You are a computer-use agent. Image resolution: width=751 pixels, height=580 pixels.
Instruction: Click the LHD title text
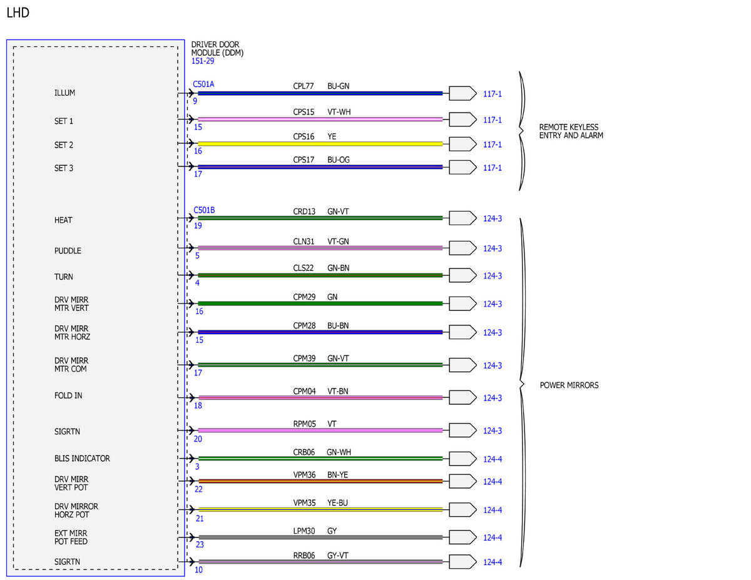(x=18, y=13)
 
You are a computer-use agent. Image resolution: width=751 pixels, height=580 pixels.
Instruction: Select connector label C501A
(x=203, y=84)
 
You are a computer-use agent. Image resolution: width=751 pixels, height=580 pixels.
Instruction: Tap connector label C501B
(x=204, y=210)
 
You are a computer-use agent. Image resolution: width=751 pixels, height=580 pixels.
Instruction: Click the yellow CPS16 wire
(x=320, y=144)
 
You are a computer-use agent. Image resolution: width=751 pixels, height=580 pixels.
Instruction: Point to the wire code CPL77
(x=303, y=86)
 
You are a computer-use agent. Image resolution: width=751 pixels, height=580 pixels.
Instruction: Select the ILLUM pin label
(x=64, y=93)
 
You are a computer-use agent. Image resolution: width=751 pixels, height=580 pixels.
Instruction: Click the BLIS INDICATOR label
(x=82, y=459)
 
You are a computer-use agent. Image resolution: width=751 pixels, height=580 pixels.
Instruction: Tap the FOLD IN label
(x=68, y=395)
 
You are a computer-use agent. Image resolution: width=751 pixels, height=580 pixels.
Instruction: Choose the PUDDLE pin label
(x=68, y=251)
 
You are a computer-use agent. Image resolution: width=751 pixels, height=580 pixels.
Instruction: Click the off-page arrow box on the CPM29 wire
(x=462, y=303)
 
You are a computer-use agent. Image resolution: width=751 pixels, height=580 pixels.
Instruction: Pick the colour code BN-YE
(x=338, y=475)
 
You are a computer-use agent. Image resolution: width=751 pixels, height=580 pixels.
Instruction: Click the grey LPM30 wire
(x=320, y=537)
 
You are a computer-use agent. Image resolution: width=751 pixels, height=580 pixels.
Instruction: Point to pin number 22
(x=198, y=489)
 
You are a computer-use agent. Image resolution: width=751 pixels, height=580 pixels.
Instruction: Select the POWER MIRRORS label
(x=569, y=385)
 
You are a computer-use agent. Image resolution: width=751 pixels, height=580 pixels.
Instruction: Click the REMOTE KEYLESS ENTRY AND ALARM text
(x=571, y=131)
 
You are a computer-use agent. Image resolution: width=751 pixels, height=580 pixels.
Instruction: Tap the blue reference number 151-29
(x=203, y=61)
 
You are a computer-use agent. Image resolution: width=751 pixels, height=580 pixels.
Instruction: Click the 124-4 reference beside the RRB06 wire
(x=493, y=562)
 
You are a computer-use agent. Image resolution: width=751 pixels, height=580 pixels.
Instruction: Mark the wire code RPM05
(x=304, y=424)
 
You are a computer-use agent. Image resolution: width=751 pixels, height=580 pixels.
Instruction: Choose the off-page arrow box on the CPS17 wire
(x=462, y=167)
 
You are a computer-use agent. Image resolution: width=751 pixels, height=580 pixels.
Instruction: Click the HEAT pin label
(x=63, y=220)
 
